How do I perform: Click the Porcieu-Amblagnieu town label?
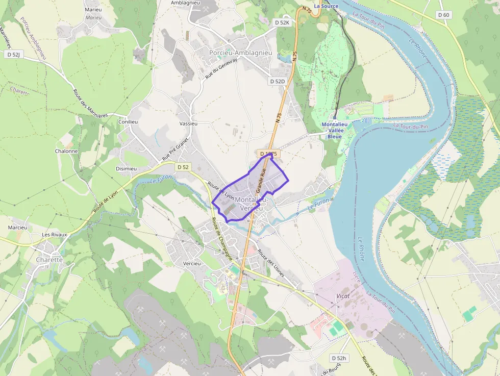click(x=240, y=53)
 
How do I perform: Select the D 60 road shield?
click(x=444, y=15)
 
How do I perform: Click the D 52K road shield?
click(x=282, y=22)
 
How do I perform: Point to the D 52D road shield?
click(x=277, y=81)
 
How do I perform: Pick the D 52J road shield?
click(x=14, y=54)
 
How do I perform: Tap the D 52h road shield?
click(x=338, y=358)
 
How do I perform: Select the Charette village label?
click(x=49, y=260)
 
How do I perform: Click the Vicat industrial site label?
click(x=343, y=296)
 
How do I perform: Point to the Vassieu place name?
click(x=188, y=123)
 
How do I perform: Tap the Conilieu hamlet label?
click(x=128, y=122)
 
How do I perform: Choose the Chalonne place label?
click(x=66, y=151)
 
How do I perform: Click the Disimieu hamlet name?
click(x=126, y=169)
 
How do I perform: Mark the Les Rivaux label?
click(x=55, y=235)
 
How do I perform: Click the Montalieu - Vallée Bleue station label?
click(x=335, y=130)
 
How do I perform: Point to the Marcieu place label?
click(x=17, y=227)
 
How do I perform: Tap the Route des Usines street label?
click(x=271, y=263)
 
